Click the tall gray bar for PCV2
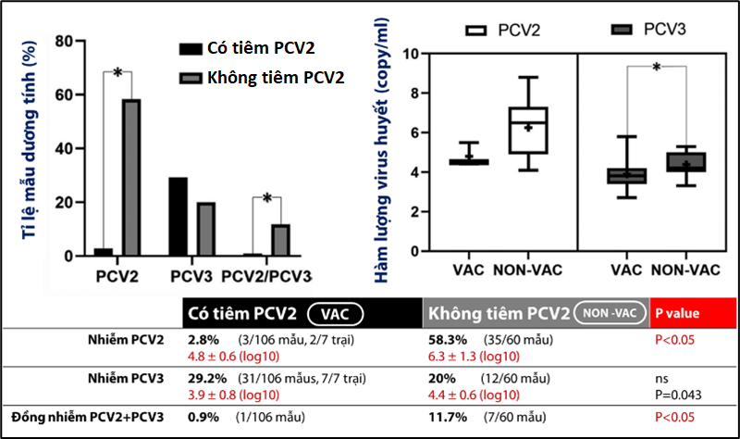point(131,177)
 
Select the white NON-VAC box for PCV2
point(528,131)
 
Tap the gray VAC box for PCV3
point(626,176)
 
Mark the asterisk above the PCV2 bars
point(117,73)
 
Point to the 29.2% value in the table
point(208,380)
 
